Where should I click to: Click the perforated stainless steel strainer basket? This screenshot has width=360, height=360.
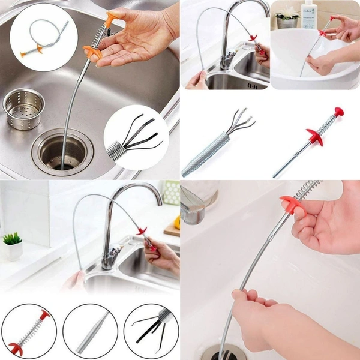pyautogui.click(x=24, y=110)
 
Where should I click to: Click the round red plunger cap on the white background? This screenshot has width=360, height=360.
pyautogui.click(x=339, y=112)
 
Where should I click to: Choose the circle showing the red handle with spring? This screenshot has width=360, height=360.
pyautogui.click(x=29, y=331)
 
